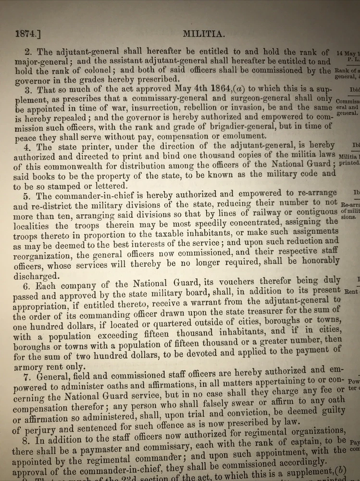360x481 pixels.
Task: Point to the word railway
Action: coord(257,212)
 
